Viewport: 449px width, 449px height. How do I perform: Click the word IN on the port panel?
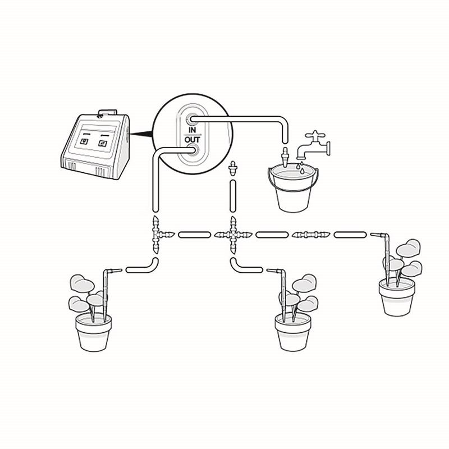(193, 130)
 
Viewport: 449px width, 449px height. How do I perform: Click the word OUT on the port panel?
(193, 140)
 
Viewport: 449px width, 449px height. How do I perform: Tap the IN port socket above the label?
(191, 119)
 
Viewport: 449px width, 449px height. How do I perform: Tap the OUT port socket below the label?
(192, 150)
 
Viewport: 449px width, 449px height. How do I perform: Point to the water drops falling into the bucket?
(300, 167)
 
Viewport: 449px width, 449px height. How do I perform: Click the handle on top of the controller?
(107, 113)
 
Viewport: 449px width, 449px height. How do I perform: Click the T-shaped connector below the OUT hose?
(161, 235)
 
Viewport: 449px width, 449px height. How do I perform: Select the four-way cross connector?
(233, 235)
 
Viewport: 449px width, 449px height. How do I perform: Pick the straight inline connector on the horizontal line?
(311, 235)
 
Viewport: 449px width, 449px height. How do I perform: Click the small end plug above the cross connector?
(233, 168)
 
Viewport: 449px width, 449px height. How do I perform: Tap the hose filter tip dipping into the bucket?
(285, 157)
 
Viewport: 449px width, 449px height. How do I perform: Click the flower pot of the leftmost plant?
(94, 332)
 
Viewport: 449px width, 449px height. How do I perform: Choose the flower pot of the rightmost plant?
(397, 297)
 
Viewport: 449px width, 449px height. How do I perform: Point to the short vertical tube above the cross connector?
(233, 196)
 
